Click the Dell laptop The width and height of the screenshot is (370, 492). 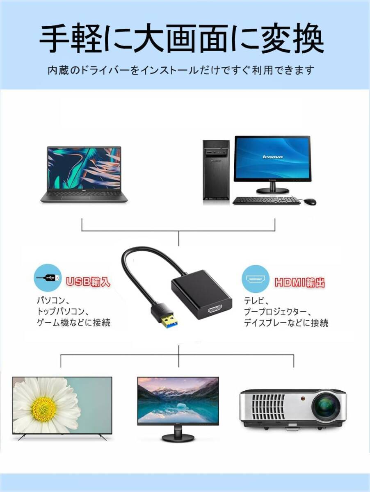[84, 174]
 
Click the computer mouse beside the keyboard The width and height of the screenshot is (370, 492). [311, 201]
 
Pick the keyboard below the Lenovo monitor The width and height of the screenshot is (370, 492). [267, 200]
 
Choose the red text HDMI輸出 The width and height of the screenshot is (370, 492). [300, 282]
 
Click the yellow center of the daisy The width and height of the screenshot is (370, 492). [43, 409]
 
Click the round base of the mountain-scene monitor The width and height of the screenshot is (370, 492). [178, 437]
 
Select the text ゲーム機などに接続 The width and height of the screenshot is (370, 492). [74, 323]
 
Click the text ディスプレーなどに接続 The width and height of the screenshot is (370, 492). [286, 323]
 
